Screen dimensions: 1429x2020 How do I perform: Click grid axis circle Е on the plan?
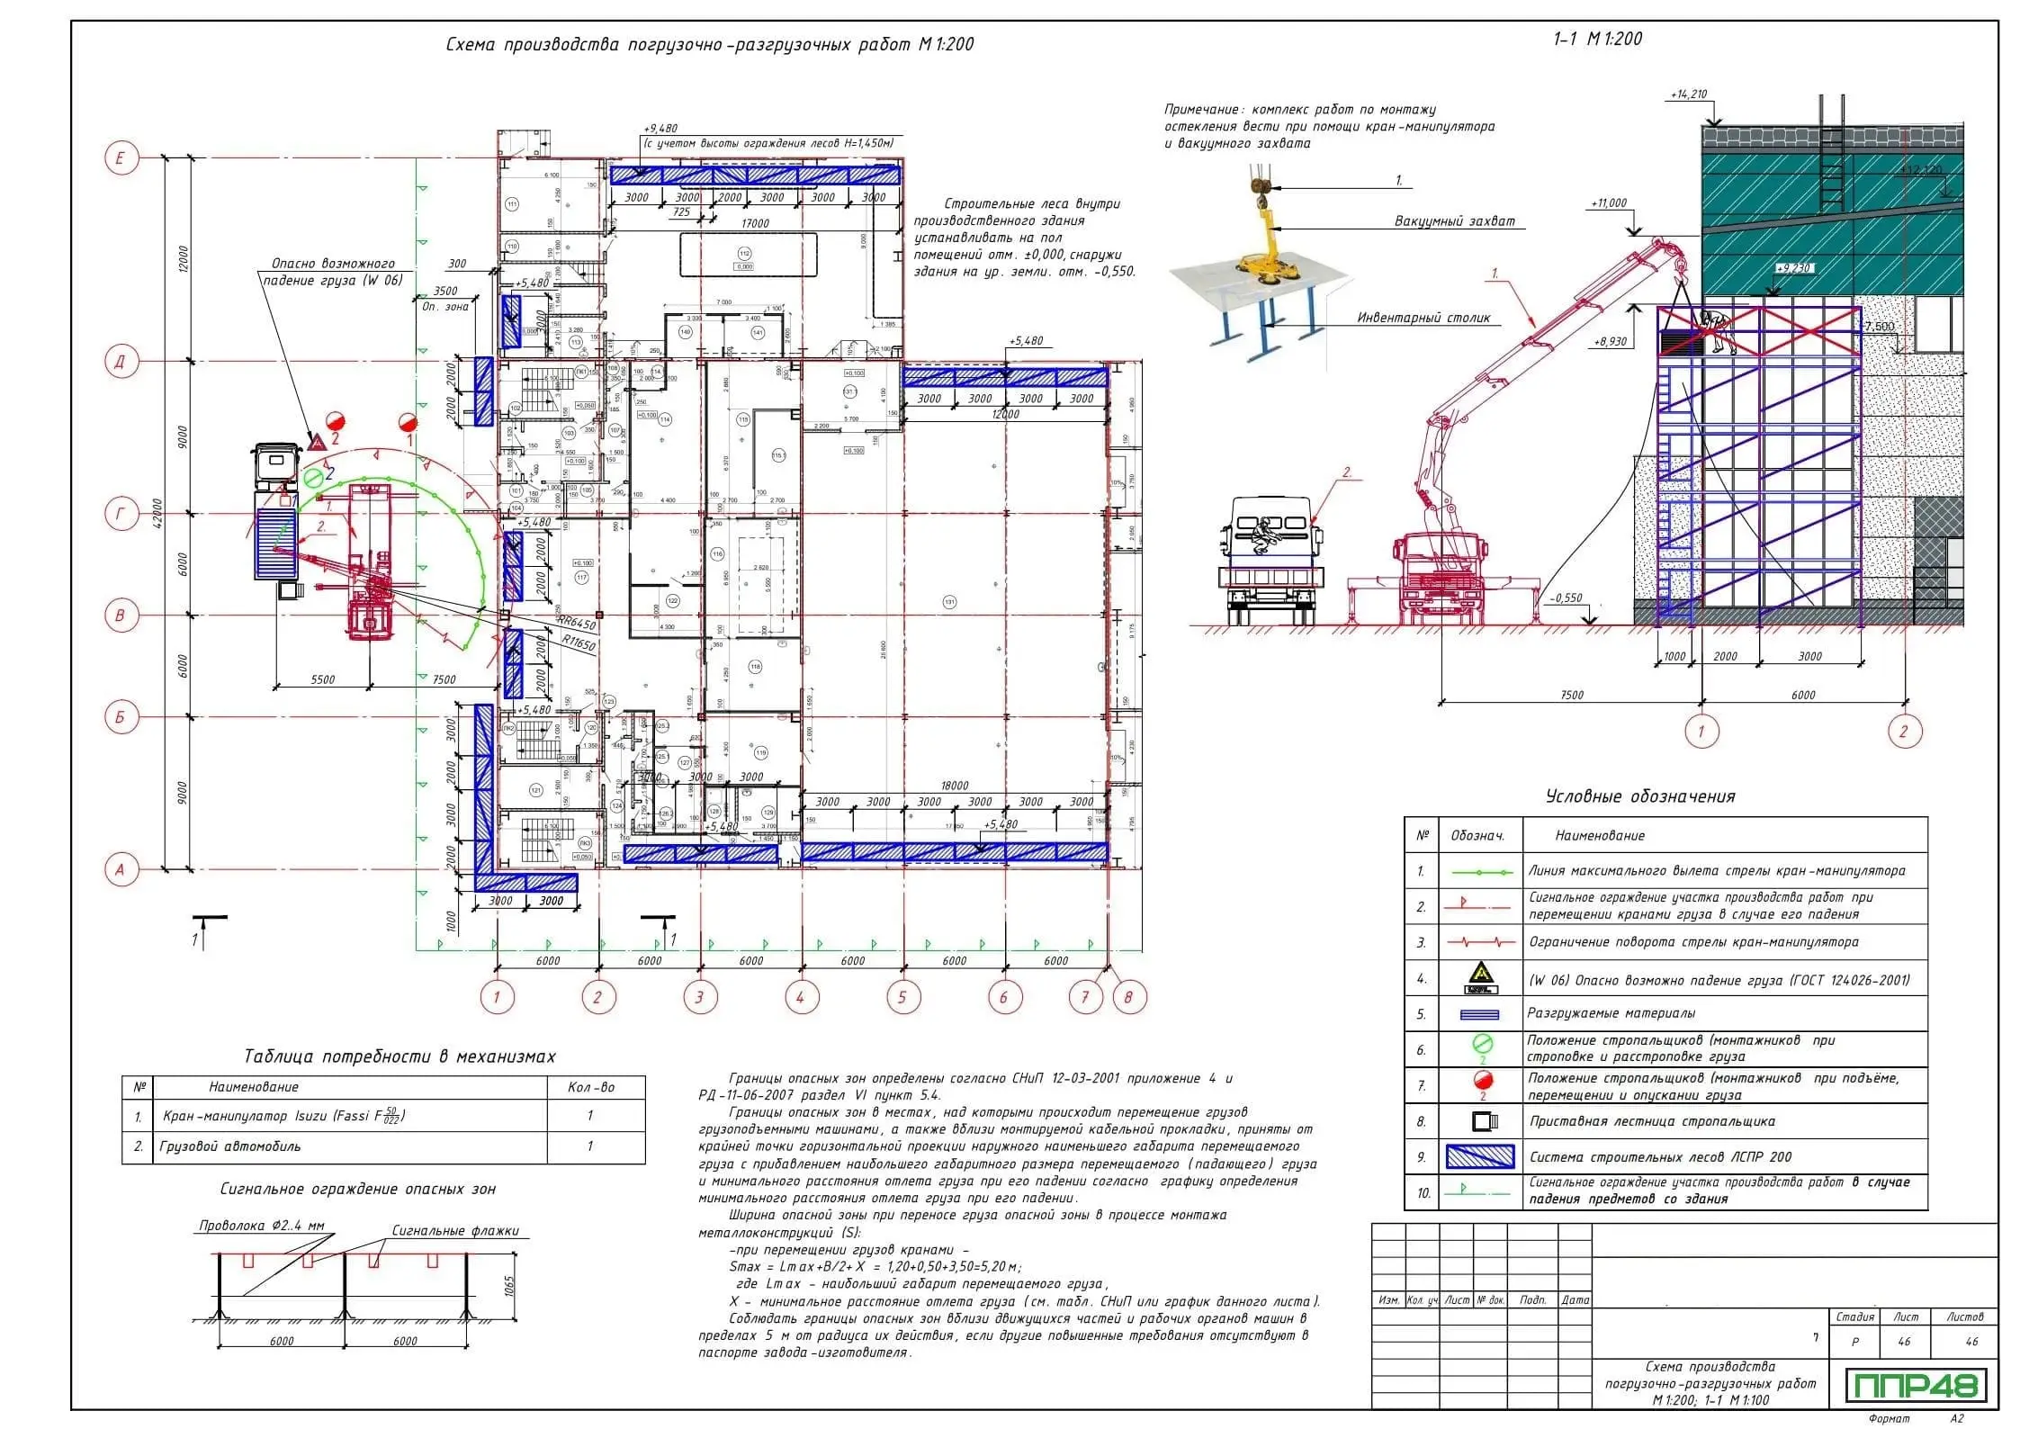tap(120, 159)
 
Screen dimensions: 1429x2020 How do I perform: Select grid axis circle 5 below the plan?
tap(902, 996)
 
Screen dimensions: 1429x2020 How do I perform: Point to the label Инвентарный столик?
tap(1423, 318)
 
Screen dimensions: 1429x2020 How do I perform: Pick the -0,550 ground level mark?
tap(1567, 598)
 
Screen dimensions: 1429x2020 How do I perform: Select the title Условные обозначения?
tap(1639, 796)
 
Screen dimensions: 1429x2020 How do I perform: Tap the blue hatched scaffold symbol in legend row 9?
tap(1480, 1156)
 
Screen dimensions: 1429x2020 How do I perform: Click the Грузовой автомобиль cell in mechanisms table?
tap(230, 1146)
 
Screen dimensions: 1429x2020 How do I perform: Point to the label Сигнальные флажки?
tap(455, 1231)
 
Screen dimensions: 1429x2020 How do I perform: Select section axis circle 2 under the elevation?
tap(1902, 731)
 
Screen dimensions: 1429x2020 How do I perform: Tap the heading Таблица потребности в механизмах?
tap(400, 1056)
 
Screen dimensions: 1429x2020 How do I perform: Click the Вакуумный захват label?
tap(1455, 220)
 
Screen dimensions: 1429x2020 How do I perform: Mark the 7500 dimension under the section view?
tap(1571, 695)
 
